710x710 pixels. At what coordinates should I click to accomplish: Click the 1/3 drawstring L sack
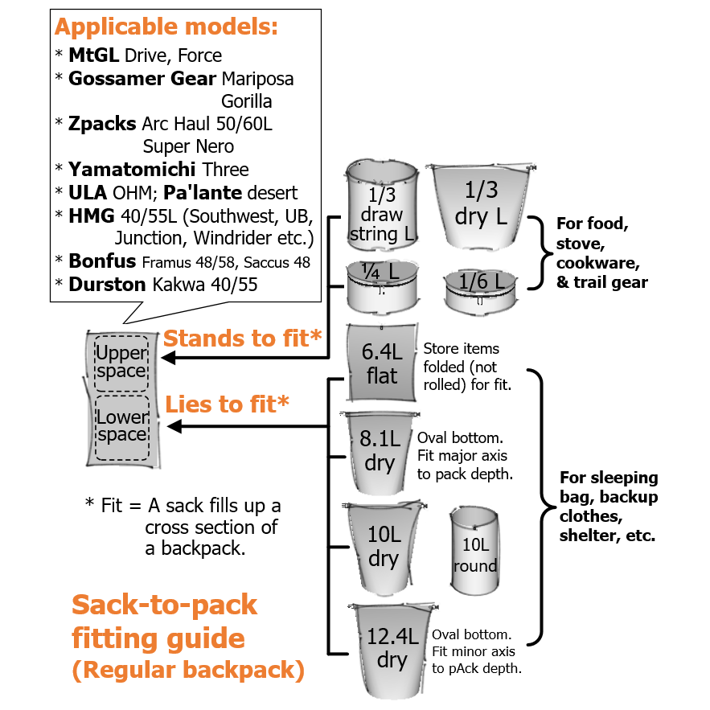click(x=382, y=205)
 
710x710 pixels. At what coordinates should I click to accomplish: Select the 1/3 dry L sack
click(x=481, y=207)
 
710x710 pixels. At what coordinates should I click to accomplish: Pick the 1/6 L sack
click(x=480, y=292)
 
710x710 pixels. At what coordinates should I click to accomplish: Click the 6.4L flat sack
click(x=381, y=363)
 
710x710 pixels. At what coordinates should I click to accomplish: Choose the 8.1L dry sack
click(x=380, y=453)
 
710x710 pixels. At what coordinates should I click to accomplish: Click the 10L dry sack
click(x=384, y=547)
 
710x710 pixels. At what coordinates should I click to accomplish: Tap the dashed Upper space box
click(x=121, y=363)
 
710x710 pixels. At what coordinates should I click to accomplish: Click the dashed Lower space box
click(x=122, y=428)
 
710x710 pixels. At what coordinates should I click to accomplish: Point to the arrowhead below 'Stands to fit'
click(x=168, y=358)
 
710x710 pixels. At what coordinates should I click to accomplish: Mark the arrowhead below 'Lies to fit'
click(x=174, y=426)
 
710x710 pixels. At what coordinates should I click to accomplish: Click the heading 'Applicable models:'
click(x=166, y=27)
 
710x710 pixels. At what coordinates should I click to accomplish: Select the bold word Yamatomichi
click(x=132, y=170)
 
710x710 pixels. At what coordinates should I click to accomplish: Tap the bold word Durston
click(x=107, y=285)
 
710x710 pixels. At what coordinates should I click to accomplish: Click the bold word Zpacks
click(x=102, y=124)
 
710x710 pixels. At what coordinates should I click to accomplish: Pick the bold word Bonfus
click(x=102, y=261)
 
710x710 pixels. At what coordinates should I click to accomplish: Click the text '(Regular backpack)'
click(x=188, y=670)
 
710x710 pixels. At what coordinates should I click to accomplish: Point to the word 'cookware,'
click(x=597, y=263)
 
